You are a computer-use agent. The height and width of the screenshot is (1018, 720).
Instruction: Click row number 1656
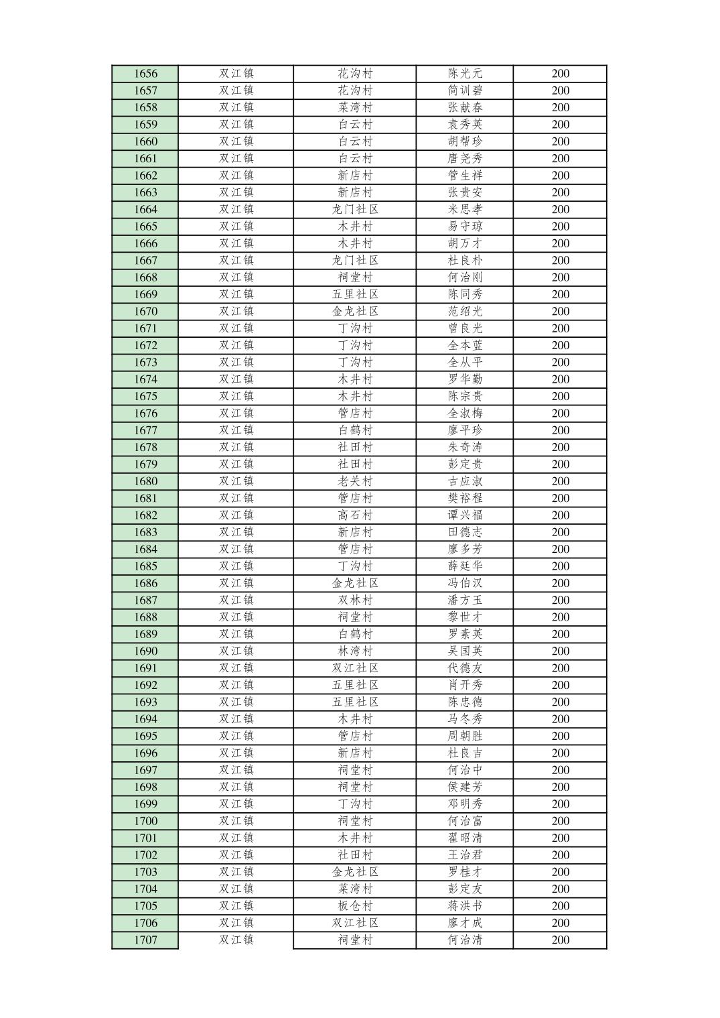point(145,74)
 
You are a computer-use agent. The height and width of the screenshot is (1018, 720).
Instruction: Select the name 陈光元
point(465,74)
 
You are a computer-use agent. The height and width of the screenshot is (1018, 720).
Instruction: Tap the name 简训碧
point(465,90)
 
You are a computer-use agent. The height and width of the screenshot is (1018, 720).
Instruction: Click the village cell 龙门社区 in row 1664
point(355,209)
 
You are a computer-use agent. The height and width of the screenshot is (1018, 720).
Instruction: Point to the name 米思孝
point(465,209)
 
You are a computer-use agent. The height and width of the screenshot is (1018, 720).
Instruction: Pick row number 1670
point(145,311)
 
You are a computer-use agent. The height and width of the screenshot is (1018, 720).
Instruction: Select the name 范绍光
point(465,311)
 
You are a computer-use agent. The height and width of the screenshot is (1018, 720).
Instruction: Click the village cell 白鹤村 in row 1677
point(355,430)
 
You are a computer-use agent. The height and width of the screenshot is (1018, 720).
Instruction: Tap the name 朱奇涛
point(465,447)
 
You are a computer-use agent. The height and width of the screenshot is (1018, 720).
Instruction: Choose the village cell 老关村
point(355,481)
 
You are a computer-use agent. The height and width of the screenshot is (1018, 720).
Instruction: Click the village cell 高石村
point(355,515)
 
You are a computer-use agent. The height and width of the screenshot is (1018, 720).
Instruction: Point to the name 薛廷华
point(465,566)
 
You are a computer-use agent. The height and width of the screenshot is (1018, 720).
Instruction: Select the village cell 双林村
point(355,600)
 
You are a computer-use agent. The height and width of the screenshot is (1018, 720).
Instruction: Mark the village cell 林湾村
point(355,651)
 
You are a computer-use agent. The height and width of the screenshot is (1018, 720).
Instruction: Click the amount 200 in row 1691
point(561,668)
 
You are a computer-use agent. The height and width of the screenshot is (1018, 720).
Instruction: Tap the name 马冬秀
point(465,719)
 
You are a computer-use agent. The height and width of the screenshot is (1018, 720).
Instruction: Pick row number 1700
point(145,821)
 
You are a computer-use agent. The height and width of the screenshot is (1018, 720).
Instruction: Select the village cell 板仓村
point(355,905)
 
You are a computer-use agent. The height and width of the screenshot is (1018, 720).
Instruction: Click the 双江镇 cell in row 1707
point(236,940)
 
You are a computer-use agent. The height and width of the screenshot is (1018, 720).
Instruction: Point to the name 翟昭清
point(465,838)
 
